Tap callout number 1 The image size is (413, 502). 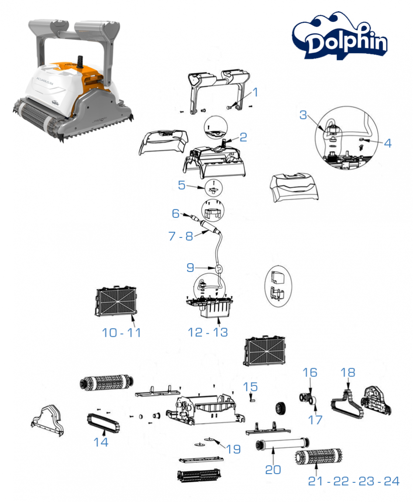(255, 92)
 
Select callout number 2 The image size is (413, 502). (243, 137)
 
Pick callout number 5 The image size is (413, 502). (182, 185)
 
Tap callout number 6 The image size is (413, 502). (176, 213)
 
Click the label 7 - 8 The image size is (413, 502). (180, 236)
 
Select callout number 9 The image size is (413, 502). (190, 268)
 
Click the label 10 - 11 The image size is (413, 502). (121, 332)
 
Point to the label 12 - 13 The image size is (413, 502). (208, 332)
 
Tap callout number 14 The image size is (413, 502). (101, 442)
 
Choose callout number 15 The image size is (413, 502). (251, 387)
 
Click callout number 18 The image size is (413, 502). (348, 372)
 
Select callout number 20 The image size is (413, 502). (273, 469)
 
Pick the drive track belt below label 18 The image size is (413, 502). (347, 404)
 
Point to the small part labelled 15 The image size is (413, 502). (252, 397)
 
